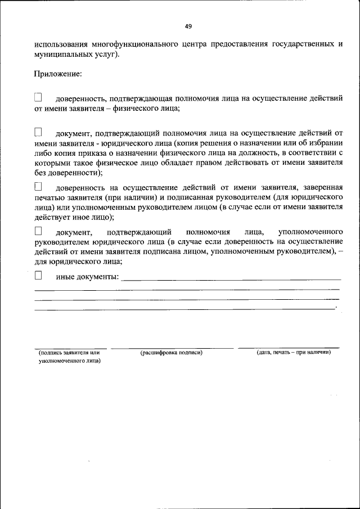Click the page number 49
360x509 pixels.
click(x=188, y=26)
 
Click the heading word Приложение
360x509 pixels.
click(x=58, y=73)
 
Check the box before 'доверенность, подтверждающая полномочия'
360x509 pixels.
click(x=39, y=98)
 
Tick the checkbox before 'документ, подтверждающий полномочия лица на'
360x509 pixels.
click(x=39, y=132)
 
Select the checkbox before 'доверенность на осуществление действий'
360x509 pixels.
click(x=39, y=186)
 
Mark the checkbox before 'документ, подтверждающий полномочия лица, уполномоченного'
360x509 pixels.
click(x=39, y=231)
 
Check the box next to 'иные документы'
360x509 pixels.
click(x=39, y=275)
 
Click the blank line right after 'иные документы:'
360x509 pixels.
click(x=231, y=278)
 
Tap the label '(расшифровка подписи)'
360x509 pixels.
click(x=171, y=353)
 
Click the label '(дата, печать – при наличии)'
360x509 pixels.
click(x=293, y=353)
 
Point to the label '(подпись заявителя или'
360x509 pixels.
click(x=69, y=353)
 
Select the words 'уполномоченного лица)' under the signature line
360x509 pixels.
click(x=69, y=362)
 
